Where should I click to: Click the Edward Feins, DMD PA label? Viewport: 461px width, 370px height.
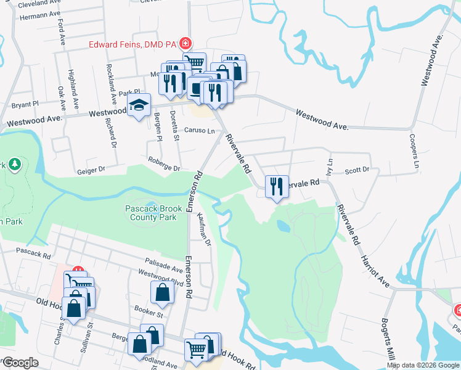[133, 44]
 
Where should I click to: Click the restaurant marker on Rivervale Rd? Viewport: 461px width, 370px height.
[276, 186]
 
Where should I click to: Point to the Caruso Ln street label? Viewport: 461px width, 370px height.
[199, 131]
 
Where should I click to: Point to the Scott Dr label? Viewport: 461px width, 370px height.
[357, 170]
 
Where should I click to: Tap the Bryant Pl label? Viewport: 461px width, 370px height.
[25, 104]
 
